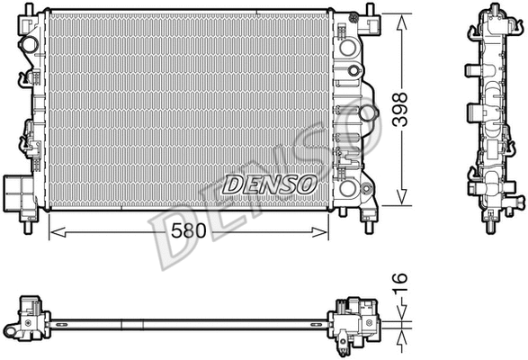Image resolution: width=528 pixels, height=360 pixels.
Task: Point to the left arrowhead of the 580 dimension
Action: (x=53, y=232)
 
